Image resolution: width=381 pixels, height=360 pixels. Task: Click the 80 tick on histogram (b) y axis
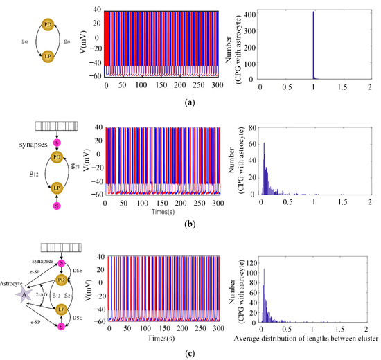[254, 128]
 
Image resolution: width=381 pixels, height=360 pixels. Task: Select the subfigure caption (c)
[190, 354]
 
